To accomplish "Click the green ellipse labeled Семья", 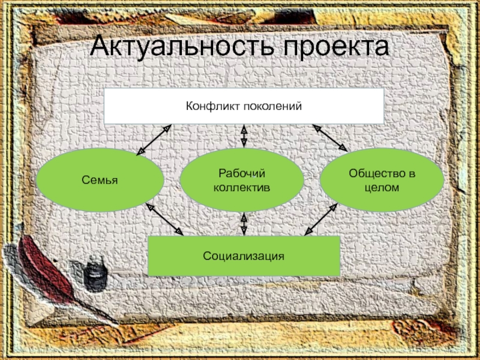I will tap(100, 180).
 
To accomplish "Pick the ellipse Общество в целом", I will tap(382, 180).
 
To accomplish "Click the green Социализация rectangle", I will tap(244, 256).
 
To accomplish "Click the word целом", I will tap(382, 187).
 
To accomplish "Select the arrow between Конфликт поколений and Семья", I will tap(154, 140).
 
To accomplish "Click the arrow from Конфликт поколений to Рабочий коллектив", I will tap(244, 137).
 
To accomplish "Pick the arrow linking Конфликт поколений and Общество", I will tap(330, 138).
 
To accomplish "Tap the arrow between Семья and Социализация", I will tap(165, 220).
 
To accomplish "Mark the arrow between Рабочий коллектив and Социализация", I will tap(244, 223).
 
